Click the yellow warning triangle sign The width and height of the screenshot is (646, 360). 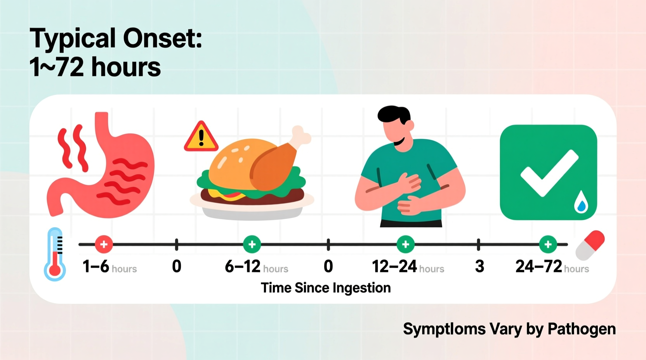click(201, 138)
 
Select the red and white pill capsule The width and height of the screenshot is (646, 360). click(590, 245)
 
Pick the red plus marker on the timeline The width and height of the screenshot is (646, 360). click(104, 244)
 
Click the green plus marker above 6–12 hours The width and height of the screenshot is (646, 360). click(252, 244)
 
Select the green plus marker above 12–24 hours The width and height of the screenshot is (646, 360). click(406, 244)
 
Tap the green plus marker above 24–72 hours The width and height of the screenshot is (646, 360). click(548, 244)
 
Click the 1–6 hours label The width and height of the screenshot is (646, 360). click(109, 267)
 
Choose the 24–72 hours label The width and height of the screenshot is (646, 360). click(552, 267)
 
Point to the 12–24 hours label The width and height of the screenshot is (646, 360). click(408, 267)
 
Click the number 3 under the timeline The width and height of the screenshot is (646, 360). click(479, 267)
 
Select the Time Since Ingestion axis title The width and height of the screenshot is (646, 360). click(326, 288)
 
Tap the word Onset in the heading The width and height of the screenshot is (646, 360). click(162, 39)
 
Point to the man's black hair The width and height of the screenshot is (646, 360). click(393, 114)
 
